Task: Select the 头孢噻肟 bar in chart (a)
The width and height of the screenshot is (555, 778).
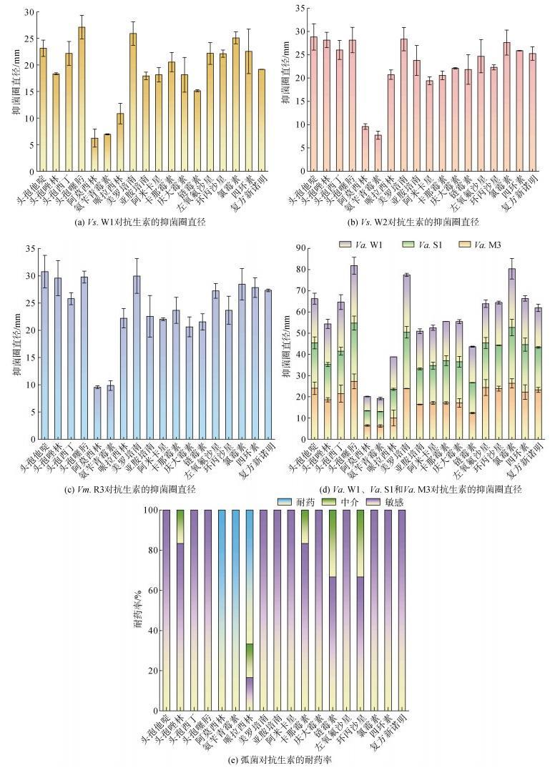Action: [x=82, y=100]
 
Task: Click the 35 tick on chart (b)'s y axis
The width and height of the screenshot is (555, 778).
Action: [x=303, y=8]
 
